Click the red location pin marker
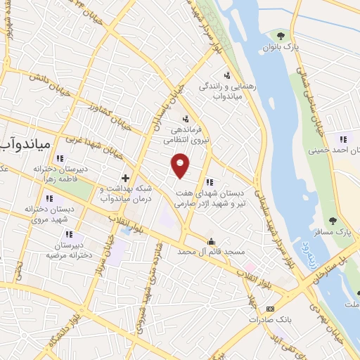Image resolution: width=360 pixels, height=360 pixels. pos(181,165)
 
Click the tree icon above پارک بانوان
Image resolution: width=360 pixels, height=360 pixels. pos(281,35)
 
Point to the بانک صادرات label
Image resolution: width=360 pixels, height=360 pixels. pos(269,320)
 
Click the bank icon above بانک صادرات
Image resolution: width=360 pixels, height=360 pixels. pos(270,309)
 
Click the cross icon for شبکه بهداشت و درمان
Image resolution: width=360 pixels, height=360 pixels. pos(125,178)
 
